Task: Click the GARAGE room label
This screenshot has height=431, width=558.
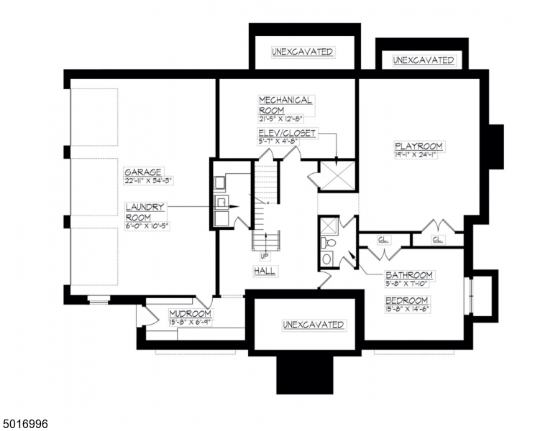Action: (x=142, y=172)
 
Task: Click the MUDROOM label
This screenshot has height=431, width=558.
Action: (x=190, y=314)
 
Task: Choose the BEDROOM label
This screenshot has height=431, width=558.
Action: (x=406, y=300)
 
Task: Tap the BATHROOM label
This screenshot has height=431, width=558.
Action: (x=408, y=275)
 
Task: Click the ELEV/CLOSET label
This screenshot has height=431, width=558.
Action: (x=287, y=134)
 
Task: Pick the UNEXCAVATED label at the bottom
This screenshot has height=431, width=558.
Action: (x=302, y=325)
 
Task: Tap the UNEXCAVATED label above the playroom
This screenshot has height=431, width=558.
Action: (x=424, y=60)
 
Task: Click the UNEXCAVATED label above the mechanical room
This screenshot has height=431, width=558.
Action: (x=302, y=52)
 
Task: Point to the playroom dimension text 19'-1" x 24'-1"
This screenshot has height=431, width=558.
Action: (x=418, y=155)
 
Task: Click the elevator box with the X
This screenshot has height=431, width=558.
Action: (x=337, y=176)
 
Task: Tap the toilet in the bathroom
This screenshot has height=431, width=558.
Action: (x=328, y=258)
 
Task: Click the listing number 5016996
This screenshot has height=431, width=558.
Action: (x=26, y=424)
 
